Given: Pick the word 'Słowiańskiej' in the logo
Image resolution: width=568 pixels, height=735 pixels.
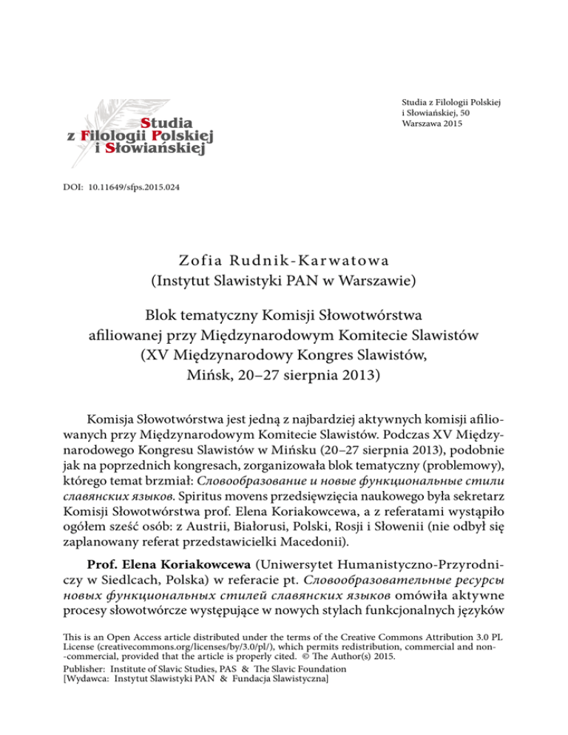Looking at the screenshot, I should [x=170, y=150].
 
